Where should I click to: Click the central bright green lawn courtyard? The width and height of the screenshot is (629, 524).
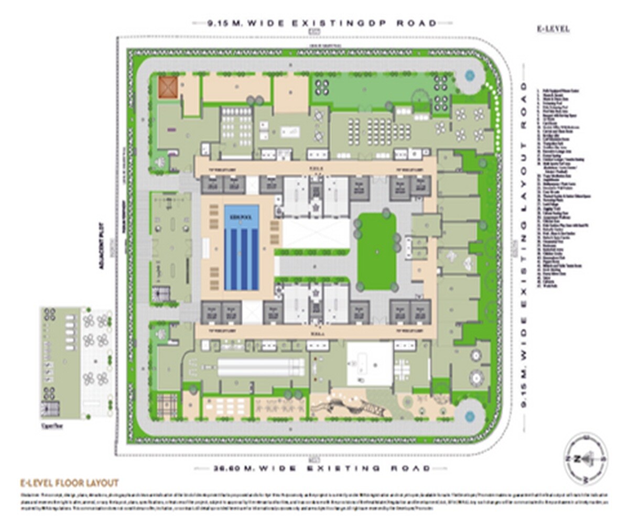(x=377, y=252)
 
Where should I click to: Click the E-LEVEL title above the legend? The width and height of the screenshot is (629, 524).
(x=554, y=29)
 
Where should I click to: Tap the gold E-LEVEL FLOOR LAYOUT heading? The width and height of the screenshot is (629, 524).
(x=69, y=483)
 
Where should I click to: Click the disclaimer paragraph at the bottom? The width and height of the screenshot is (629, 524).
(x=314, y=499)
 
